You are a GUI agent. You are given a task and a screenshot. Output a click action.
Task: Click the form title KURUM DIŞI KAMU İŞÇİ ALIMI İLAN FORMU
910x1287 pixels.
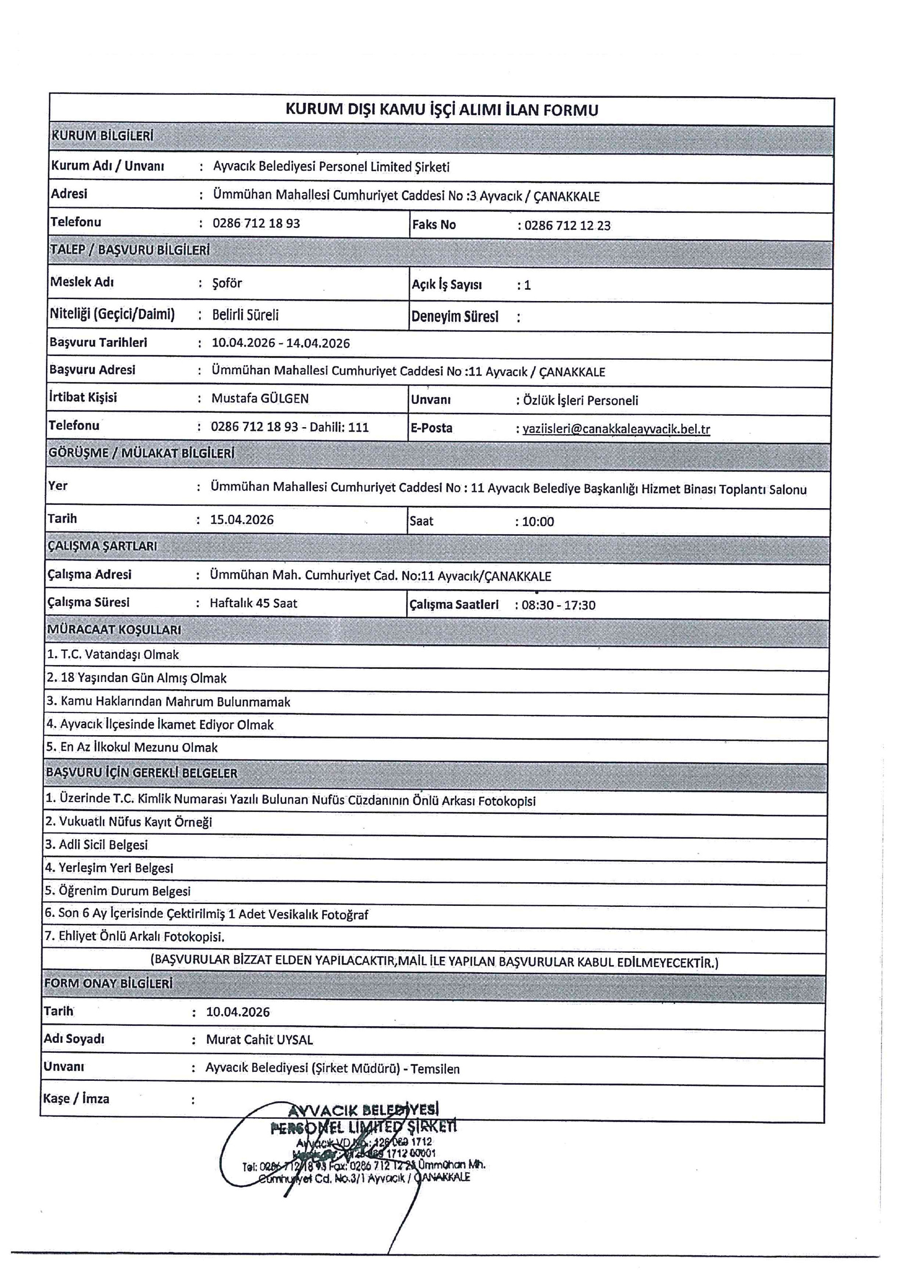[x=442, y=110]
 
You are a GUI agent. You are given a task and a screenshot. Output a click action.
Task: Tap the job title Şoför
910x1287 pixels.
[x=227, y=283]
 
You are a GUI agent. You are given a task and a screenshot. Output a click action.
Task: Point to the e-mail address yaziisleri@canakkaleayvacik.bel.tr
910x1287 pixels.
[x=616, y=429]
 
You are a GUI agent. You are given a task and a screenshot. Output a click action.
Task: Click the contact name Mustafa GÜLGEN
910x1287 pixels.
[x=260, y=399]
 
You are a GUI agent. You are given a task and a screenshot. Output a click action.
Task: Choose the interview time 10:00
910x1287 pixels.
[x=538, y=522]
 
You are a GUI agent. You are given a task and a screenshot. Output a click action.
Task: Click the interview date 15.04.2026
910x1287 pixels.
[x=242, y=520]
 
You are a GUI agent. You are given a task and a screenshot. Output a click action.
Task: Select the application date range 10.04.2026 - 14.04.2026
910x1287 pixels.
[x=281, y=343]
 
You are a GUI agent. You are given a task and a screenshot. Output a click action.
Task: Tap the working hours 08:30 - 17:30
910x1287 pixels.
[x=558, y=605]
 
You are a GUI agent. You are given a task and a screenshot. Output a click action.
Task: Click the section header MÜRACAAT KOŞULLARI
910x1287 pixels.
[x=114, y=630]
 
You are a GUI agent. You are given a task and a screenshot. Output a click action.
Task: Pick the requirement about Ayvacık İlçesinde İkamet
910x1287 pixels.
[x=160, y=725]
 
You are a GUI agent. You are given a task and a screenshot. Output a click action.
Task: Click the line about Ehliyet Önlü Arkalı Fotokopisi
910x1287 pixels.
[x=135, y=937]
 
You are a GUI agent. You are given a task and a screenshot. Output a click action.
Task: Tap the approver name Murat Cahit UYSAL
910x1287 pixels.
[x=259, y=1040]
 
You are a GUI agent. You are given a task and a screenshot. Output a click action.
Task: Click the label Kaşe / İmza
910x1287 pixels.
[x=76, y=1099]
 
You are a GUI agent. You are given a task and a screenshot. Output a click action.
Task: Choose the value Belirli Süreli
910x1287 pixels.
[x=246, y=315]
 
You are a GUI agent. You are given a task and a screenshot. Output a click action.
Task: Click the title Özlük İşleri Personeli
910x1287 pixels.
[x=581, y=401]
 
